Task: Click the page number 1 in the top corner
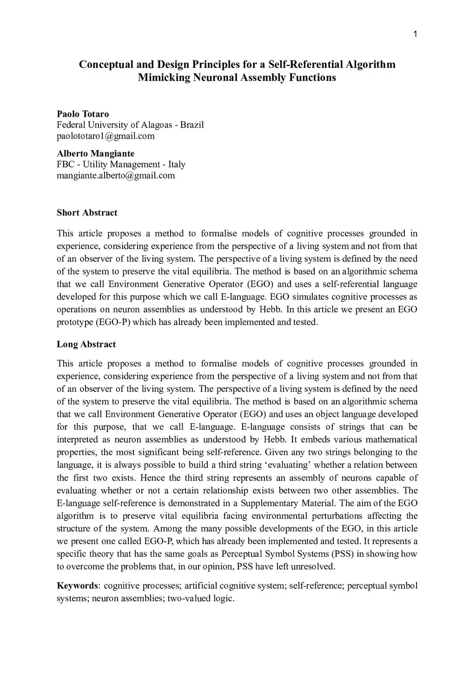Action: point(415,33)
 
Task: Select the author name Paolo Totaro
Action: point(83,114)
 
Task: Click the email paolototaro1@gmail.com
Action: point(106,136)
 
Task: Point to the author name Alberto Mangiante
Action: point(95,154)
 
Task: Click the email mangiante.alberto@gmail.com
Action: point(116,175)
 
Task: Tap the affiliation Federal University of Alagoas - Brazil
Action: point(130,125)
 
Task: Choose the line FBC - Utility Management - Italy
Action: point(121,164)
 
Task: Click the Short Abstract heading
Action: point(87,213)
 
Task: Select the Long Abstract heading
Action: point(86,344)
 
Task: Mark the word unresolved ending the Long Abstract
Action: point(310,566)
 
